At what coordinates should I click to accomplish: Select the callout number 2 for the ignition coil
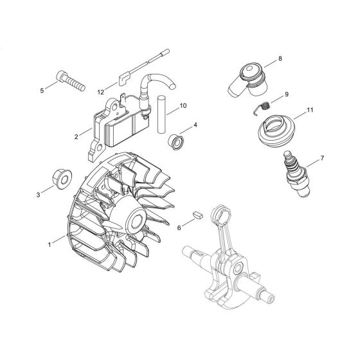tap(76, 136)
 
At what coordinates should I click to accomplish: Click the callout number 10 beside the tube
tap(183, 105)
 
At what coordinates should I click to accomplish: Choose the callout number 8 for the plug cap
tap(280, 59)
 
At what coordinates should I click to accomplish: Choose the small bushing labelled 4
tap(175, 140)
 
